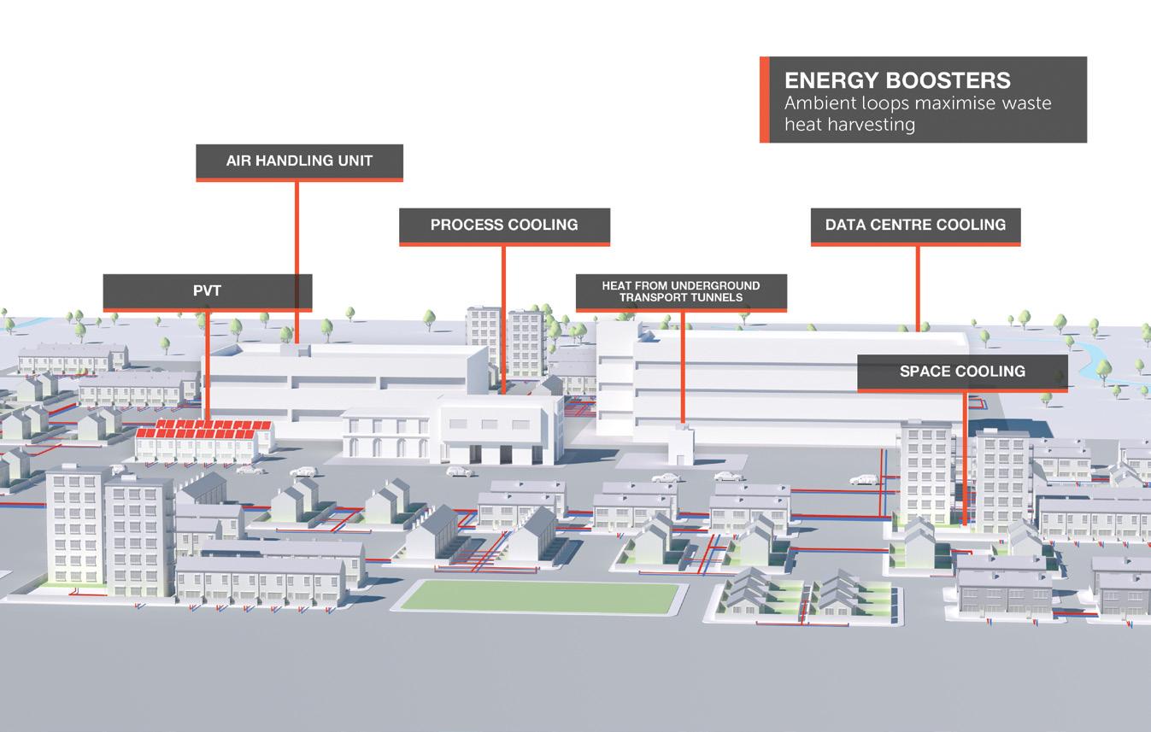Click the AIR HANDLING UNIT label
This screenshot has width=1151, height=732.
click(299, 161)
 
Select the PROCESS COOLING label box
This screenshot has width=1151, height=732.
click(504, 225)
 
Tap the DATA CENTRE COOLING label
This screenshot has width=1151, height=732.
click(915, 225)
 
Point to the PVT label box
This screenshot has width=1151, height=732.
click(207, 291)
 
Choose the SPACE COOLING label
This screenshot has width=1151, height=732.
click(962, 372)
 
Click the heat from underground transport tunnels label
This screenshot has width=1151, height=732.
click(681, 291)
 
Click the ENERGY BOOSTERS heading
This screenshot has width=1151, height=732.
click(897, 80)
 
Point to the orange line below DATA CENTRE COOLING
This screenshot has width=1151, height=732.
click(917, 287)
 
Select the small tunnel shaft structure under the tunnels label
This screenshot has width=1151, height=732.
click(681, 442)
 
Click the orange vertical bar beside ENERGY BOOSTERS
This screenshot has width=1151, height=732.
click(764, 100)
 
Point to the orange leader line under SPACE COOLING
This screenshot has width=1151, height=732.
click(965, 457)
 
